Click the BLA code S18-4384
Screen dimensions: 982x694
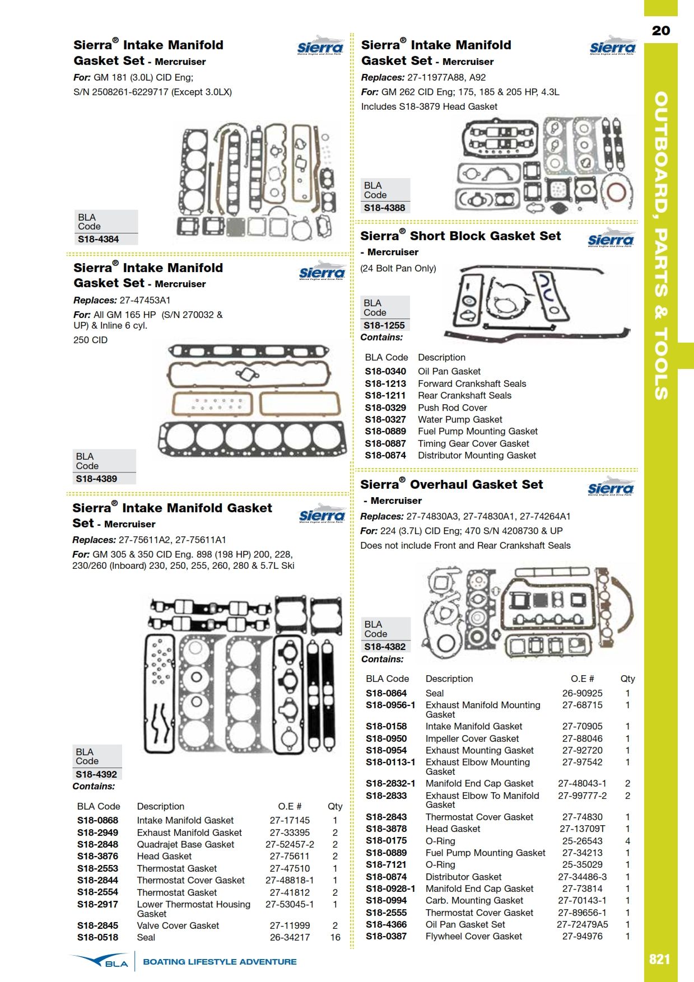pos(99,239)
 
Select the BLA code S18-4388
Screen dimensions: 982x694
pos(384,208)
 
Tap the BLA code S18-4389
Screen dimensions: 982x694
pos(96,479)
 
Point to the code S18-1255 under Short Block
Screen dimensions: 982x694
pos(384,325)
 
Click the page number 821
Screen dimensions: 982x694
pos(659,959)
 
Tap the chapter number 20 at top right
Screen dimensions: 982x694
pos(661,31)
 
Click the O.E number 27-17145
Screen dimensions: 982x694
pos(290,820)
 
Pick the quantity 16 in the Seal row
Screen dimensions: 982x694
pos(335,937)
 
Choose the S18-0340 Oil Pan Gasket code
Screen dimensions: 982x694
pos(385,371)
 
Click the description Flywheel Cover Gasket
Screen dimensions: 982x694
pos(473,936)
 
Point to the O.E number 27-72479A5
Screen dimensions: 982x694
pos(583,924)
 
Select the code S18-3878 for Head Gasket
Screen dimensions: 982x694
pos(386,829)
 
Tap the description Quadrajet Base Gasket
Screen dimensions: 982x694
pos(185,844)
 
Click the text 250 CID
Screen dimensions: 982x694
pos(91,340)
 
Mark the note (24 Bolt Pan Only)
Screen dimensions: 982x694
pos(398,268)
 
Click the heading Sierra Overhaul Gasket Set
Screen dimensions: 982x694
pos(451,484)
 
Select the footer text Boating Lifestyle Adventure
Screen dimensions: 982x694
pos(220,962)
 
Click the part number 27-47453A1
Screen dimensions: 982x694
pos(145,300)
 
